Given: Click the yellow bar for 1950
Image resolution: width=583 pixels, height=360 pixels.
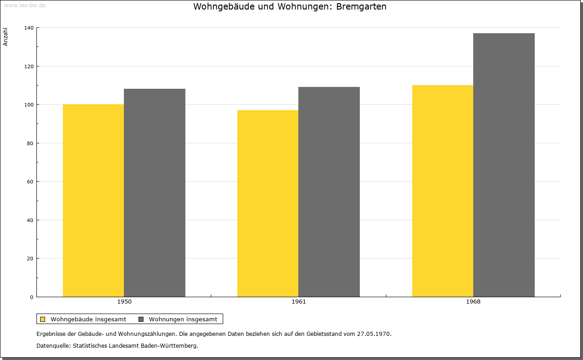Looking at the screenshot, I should tap(93, 200).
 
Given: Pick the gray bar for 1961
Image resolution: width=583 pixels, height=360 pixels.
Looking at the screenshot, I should tap(329, 192).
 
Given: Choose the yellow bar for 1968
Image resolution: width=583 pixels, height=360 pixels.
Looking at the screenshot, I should tap(443, 191).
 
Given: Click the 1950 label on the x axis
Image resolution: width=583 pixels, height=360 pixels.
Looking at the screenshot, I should tap(124, 302).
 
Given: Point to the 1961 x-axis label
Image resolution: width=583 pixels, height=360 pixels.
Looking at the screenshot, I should tap(299, 302).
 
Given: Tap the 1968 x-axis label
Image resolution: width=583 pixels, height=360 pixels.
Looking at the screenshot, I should tap(473, 302).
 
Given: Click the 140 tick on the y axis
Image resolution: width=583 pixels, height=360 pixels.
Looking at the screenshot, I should tap(29, 28).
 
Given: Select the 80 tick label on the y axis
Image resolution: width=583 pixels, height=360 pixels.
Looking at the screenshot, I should tap(30, 143).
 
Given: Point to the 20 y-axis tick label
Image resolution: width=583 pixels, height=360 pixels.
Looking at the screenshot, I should tap(30, 259).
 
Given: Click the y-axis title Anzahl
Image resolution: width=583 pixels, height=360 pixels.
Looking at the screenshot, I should tap(5, 37).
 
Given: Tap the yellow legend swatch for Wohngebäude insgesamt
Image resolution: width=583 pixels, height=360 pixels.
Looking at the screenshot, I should tap(43, 319).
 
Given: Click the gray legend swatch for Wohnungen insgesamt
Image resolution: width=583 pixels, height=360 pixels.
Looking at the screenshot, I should tap(141, 319).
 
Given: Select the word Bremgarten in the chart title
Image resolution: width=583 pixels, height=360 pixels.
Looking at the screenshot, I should tap(361, 7).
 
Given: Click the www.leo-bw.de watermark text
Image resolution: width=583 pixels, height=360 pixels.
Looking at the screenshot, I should tap(25, 5).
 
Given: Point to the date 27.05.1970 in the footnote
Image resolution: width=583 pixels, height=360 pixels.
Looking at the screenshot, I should tap(373, 334).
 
